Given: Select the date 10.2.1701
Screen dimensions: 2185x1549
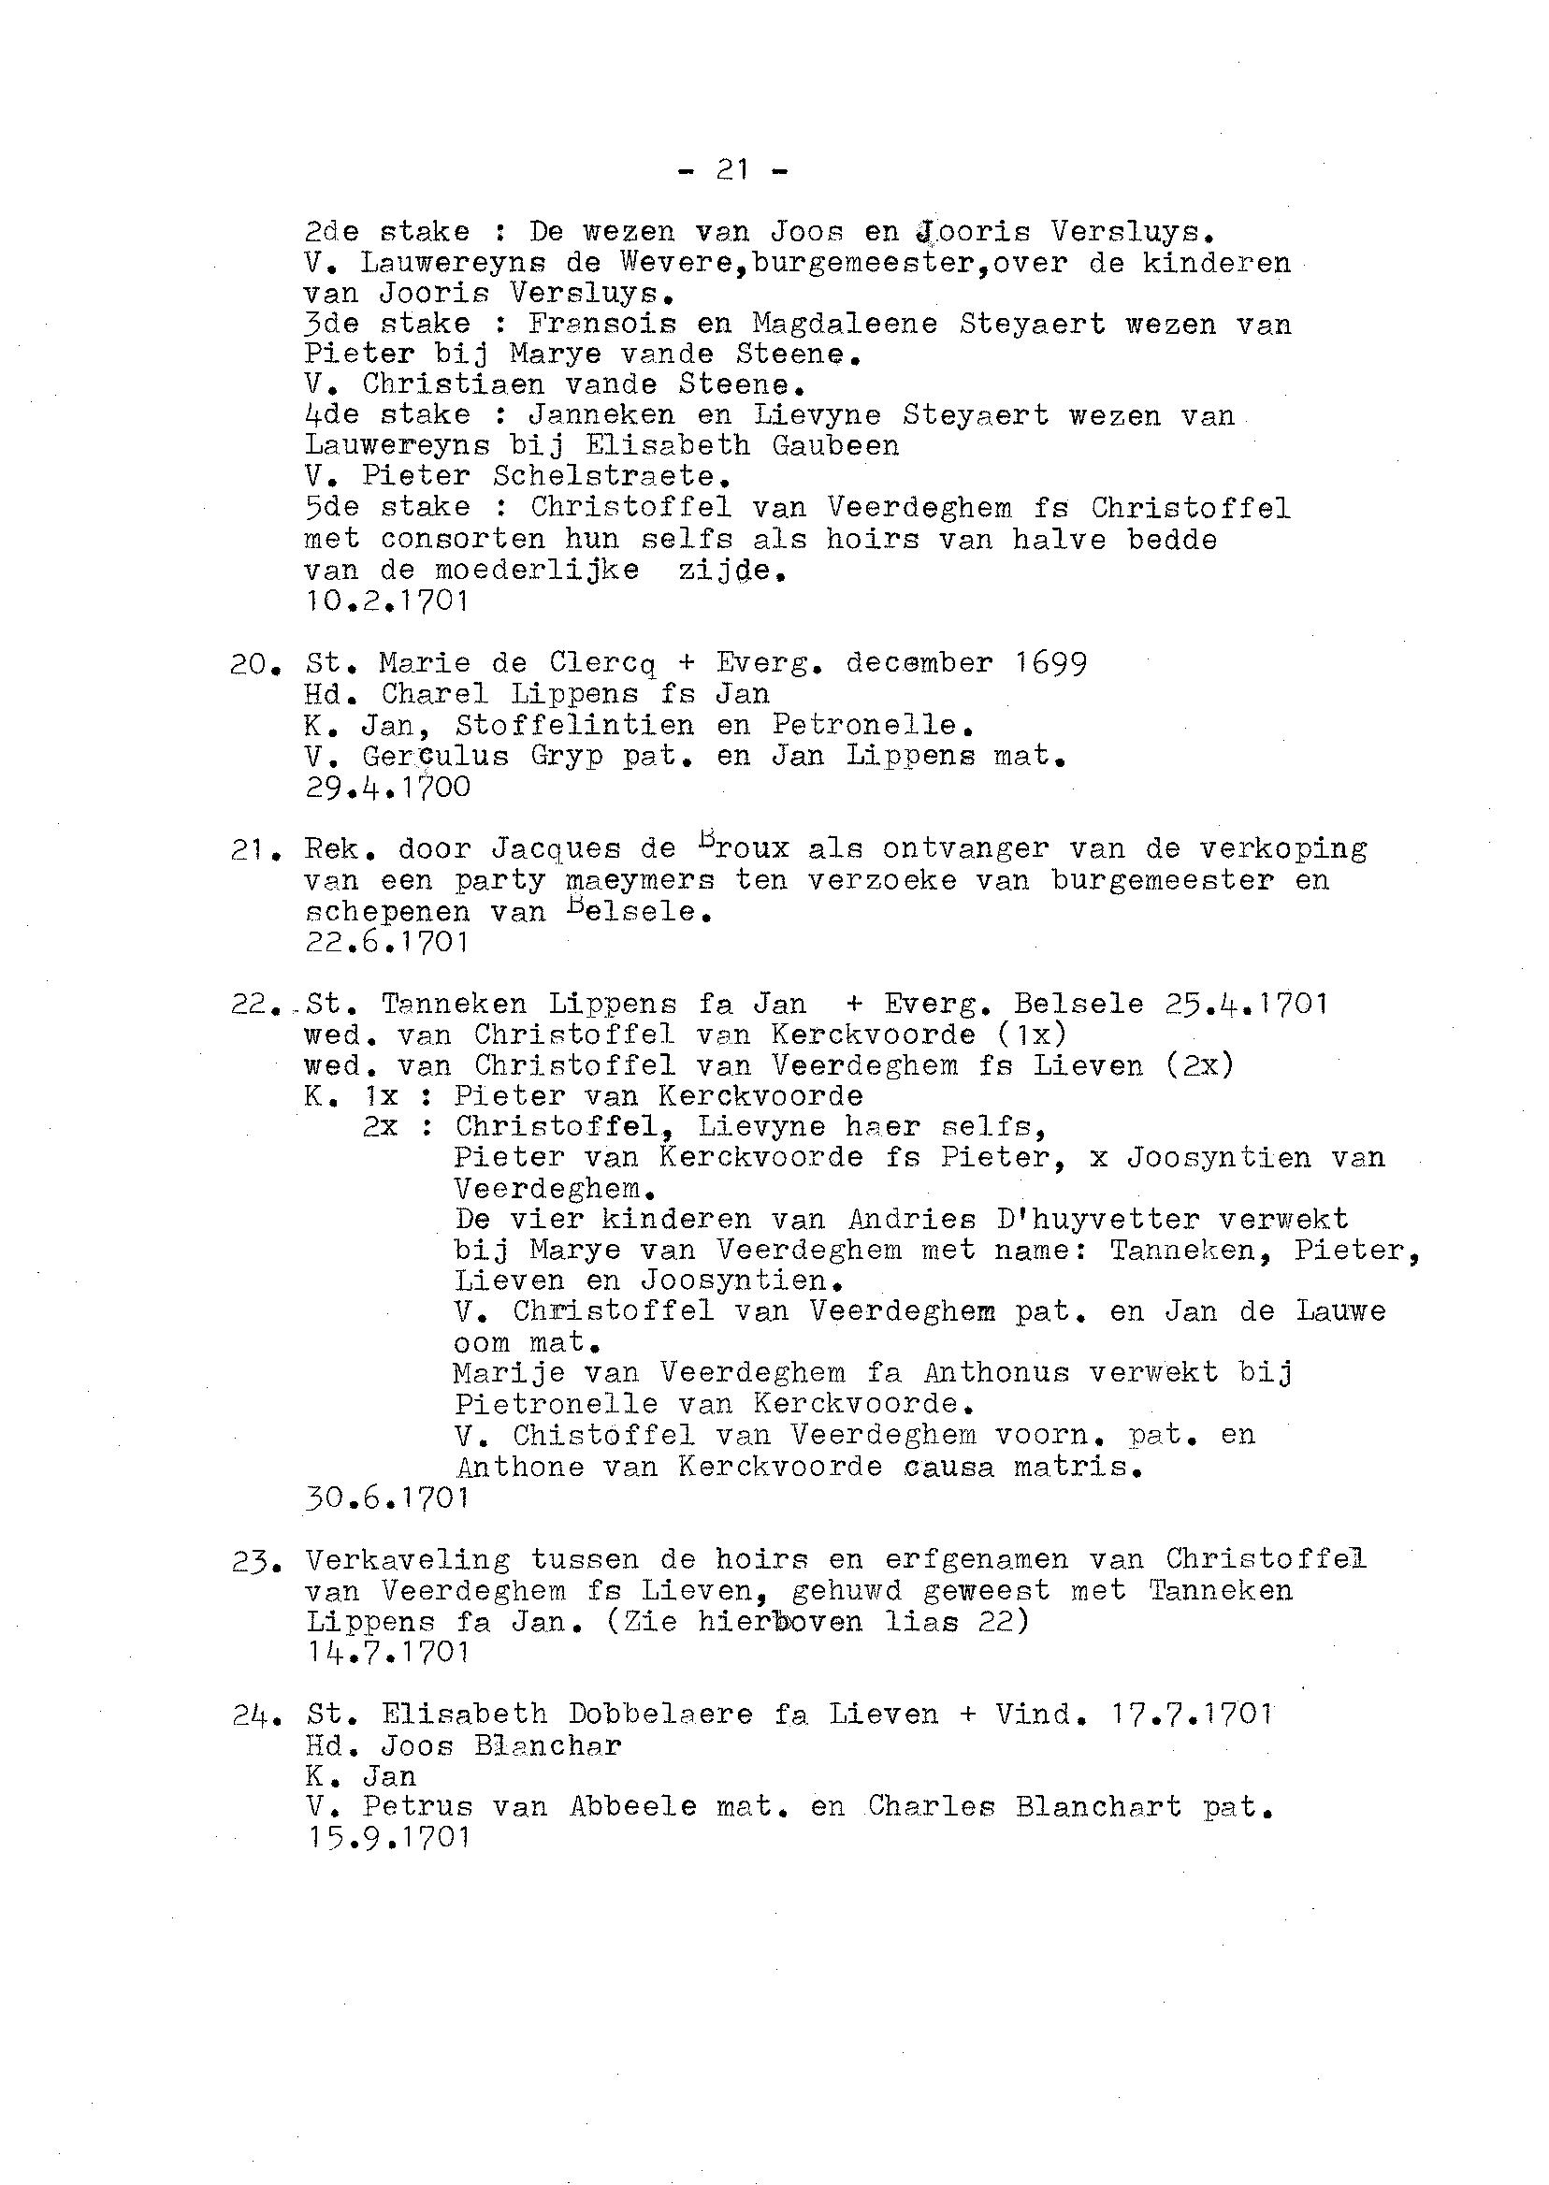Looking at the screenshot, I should [386, 601].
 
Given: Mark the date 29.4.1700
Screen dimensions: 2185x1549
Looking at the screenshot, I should [386, 788].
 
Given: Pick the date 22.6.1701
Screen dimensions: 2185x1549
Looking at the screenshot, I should [386, 942].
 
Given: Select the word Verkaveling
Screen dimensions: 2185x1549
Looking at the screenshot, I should [408, 1559].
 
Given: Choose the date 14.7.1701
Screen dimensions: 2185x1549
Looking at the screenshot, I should [386, 1652].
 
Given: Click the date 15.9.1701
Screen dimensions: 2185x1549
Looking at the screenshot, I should [386, 1838].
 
